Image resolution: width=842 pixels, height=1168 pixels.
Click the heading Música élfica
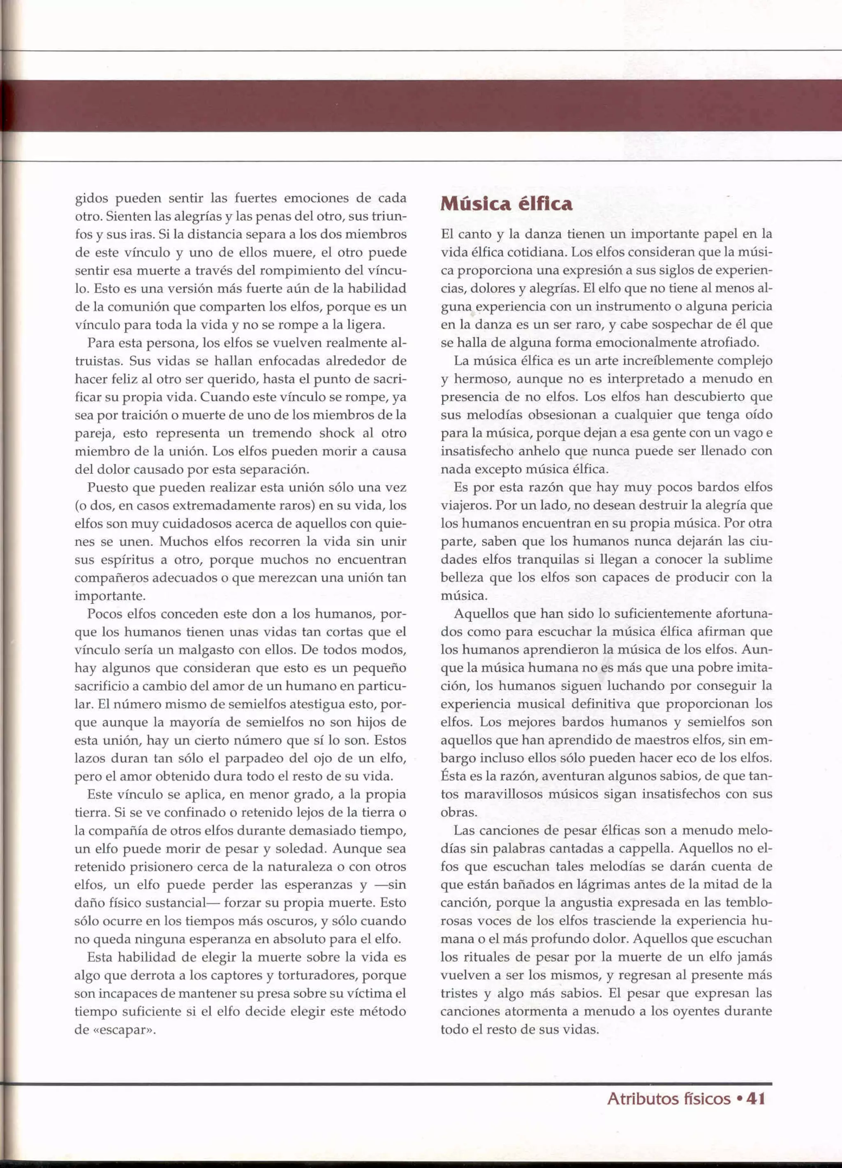507,204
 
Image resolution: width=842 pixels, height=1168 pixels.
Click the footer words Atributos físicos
669,1099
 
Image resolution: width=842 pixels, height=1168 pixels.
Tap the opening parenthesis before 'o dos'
77,506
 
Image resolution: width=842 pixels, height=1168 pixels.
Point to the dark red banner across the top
421,106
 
